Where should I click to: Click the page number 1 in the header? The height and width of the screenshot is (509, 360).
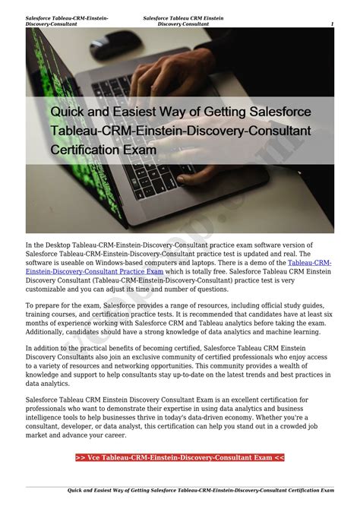pos(333,24)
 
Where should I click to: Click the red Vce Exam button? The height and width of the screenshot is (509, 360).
pos(180,457)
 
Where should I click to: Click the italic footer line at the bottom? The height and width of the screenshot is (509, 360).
pos(201,490)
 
